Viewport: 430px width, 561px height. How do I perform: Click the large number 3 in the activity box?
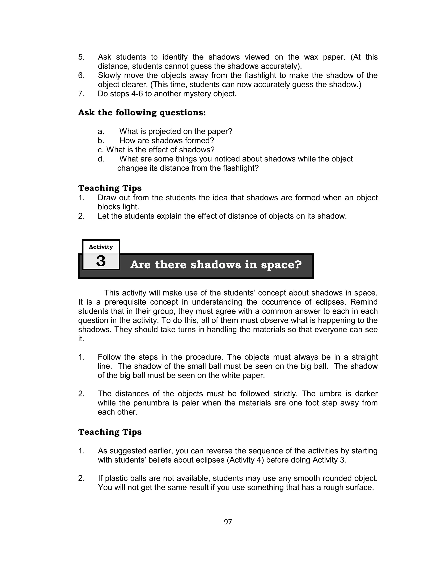click(101, 261)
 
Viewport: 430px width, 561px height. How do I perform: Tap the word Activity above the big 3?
click(101, 247)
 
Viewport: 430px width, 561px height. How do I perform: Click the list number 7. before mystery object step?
click(81, 94)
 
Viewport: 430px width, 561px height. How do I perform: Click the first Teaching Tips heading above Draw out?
click(110, 188)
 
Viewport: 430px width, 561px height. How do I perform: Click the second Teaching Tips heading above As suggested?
click(110, 432)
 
